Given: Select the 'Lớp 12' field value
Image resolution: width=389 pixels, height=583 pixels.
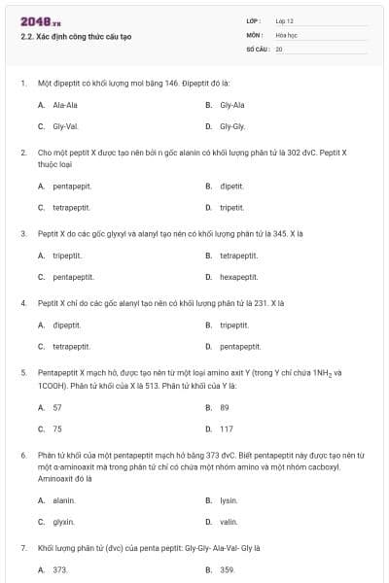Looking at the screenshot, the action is (285, 20).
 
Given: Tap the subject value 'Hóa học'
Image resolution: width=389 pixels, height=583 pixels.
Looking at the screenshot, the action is (286, 34).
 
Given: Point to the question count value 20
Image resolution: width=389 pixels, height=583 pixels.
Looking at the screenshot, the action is (279, 48).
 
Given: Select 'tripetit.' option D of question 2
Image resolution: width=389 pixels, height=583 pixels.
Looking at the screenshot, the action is (231, 207).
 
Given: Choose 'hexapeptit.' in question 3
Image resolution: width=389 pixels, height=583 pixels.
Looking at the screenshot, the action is (238, 277).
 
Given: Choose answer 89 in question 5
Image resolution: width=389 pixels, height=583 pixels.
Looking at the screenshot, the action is (225, 407).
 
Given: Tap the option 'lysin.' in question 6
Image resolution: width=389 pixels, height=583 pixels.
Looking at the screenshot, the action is (229, 500).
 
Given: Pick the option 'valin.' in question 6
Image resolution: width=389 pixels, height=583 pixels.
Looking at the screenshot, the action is (229, 522).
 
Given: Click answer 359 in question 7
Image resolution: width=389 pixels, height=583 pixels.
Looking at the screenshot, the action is (228, 569).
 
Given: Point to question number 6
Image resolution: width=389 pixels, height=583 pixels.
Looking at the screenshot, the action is (22, 455).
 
